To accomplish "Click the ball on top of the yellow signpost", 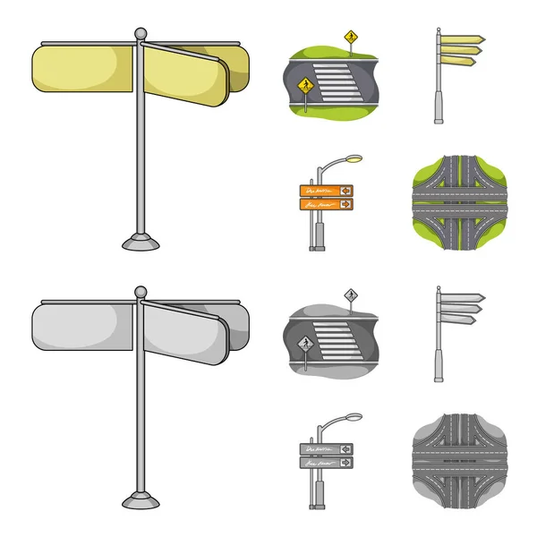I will point(139,34).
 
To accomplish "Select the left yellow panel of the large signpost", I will point(84,68).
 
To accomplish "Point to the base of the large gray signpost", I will point(141,498).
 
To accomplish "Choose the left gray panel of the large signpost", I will point(84,325).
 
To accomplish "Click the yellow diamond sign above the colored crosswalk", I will point(350,38).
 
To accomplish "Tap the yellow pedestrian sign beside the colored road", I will point(303,86).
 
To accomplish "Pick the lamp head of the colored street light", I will point(352,158).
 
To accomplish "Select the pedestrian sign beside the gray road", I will point(303,344).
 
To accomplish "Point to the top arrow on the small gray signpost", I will point(463,297).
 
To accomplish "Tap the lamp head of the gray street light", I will point(352,416).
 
